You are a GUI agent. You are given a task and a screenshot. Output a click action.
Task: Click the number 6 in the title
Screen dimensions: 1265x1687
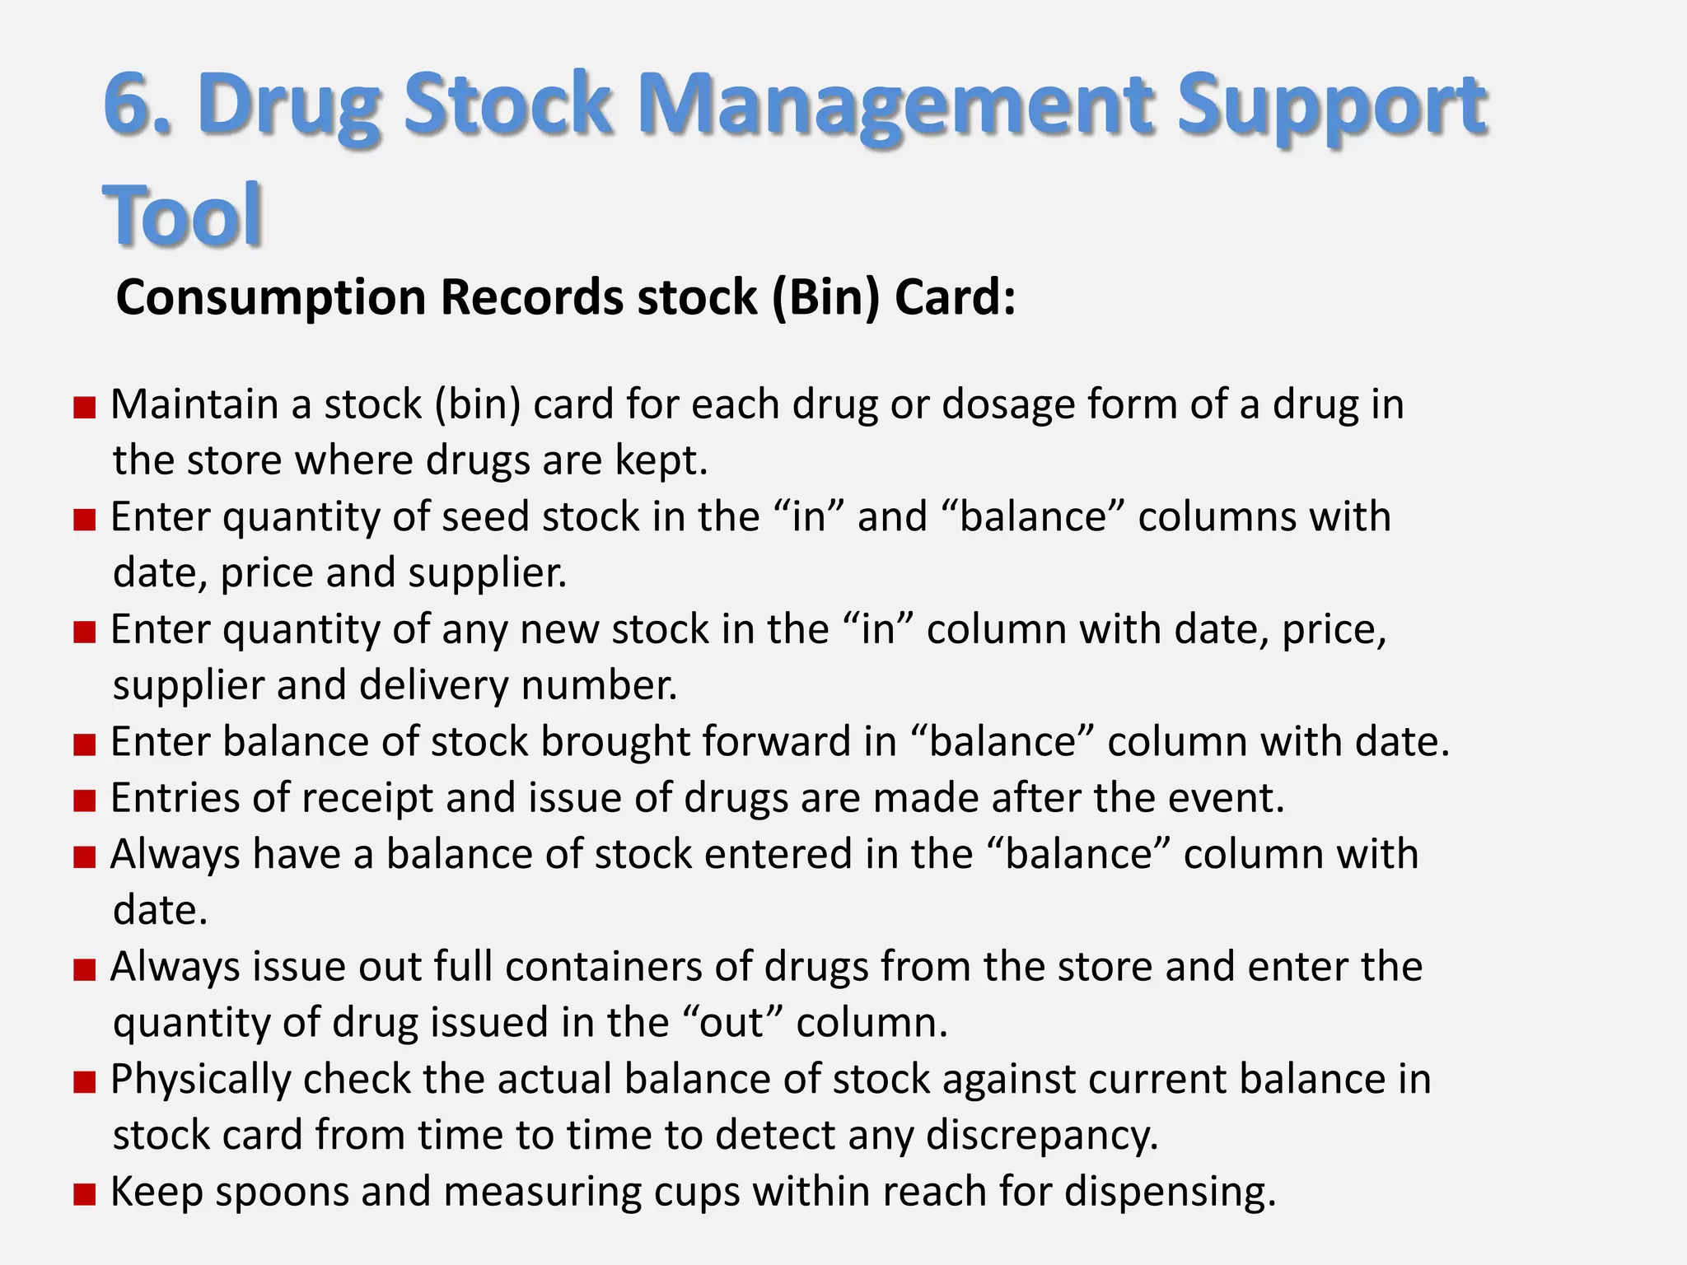[x=132, y=105]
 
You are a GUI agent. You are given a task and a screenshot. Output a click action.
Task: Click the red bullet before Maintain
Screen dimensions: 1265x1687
[x=85, y=408]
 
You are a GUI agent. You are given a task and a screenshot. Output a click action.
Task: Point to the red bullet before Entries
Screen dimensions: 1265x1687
[x=85, y=801]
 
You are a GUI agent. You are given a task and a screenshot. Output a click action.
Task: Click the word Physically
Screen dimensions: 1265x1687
[x=201, y=1080]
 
